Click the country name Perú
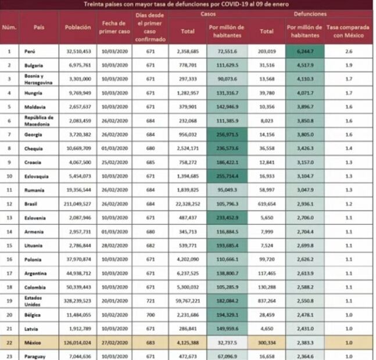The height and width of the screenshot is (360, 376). (x=30, y=52)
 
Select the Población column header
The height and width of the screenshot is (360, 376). (x=78, y=27)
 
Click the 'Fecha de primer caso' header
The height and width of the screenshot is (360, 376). (x=115, y=27)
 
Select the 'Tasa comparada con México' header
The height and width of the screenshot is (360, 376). (x=347, y=31)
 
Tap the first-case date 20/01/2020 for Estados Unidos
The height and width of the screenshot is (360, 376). (x=115, y=301)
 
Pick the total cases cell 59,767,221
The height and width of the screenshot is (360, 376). (x=188, y=301)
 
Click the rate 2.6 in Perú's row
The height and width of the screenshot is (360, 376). (x=347, y=52)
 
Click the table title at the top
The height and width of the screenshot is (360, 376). (x=188, y=4)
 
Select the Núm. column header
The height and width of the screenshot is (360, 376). (x=9, y=27)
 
